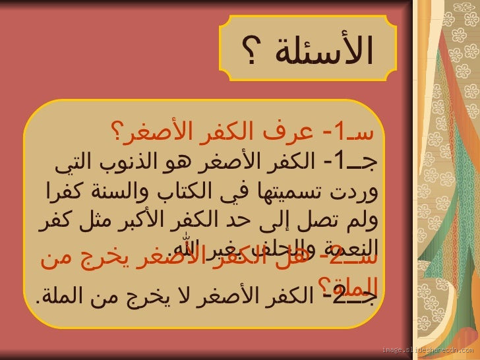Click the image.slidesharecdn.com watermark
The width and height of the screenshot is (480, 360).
pos(427,349)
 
